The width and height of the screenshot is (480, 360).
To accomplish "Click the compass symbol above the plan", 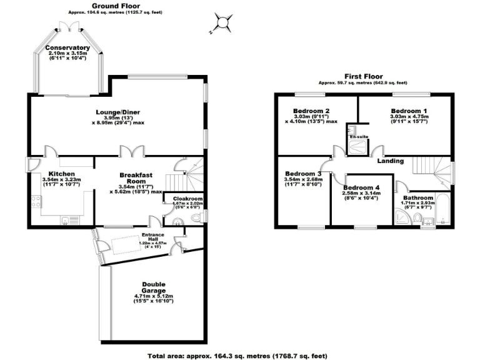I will tap(222, 23).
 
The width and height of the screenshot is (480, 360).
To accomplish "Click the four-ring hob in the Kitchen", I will tap(36, 201).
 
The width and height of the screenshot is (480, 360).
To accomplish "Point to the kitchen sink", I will tap(65, 219).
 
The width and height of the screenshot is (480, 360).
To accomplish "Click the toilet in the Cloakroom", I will tap(197, 217).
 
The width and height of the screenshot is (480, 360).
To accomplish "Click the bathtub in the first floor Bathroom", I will tap(444, 209).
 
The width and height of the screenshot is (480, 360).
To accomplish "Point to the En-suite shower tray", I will tap(359, 147).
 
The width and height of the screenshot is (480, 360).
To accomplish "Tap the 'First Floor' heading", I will tap(362, 77).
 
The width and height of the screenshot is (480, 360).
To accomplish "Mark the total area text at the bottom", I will tap(237, 355).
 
